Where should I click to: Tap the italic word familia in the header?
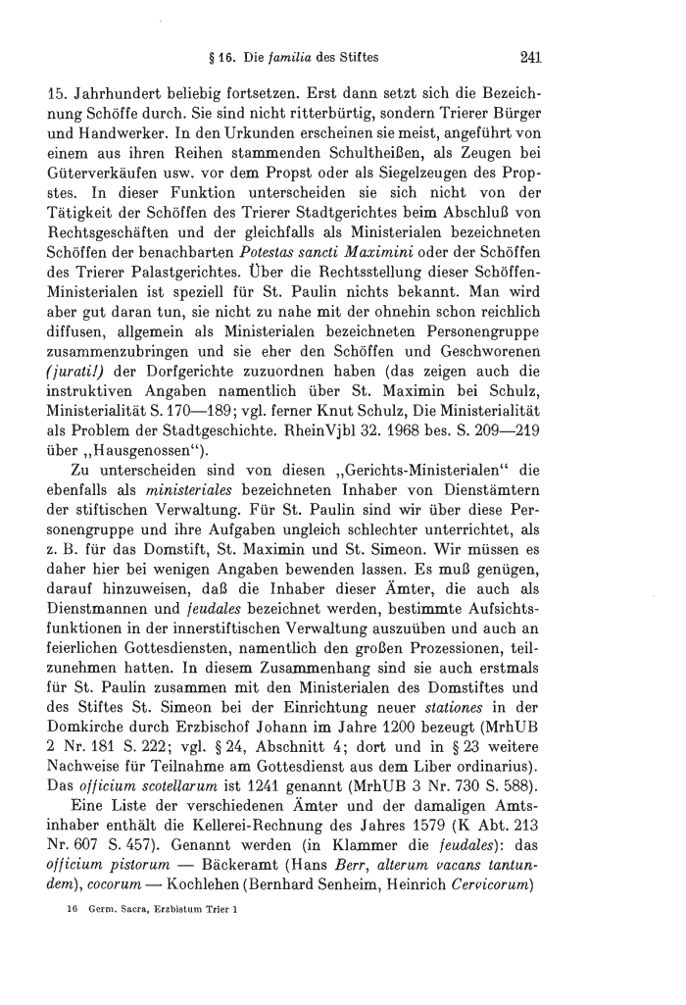coord(293,57)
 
